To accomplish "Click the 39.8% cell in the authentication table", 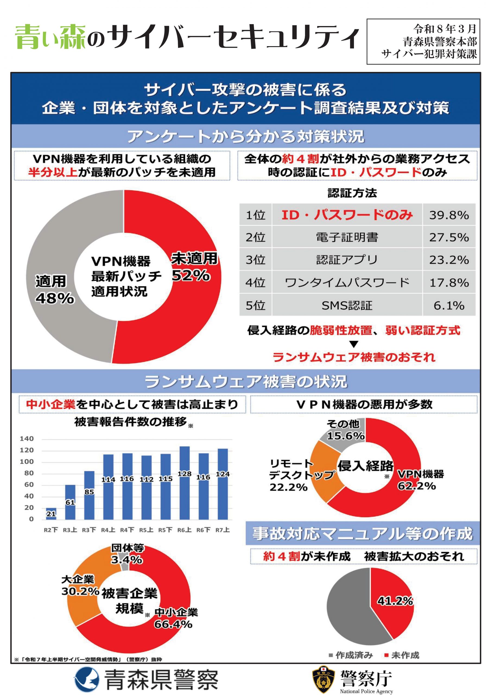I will coord(449,215).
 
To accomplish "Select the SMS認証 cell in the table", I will coord(347,305).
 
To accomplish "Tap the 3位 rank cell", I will coord(255,260).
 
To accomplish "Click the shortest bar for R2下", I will coord(51,513).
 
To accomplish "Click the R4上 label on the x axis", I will coord(108,530).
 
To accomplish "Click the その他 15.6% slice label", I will coord(345,430).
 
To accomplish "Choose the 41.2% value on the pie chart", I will coord(395,601).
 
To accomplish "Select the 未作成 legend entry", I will coord(402,655).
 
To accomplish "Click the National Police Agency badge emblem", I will coord(324,678).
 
